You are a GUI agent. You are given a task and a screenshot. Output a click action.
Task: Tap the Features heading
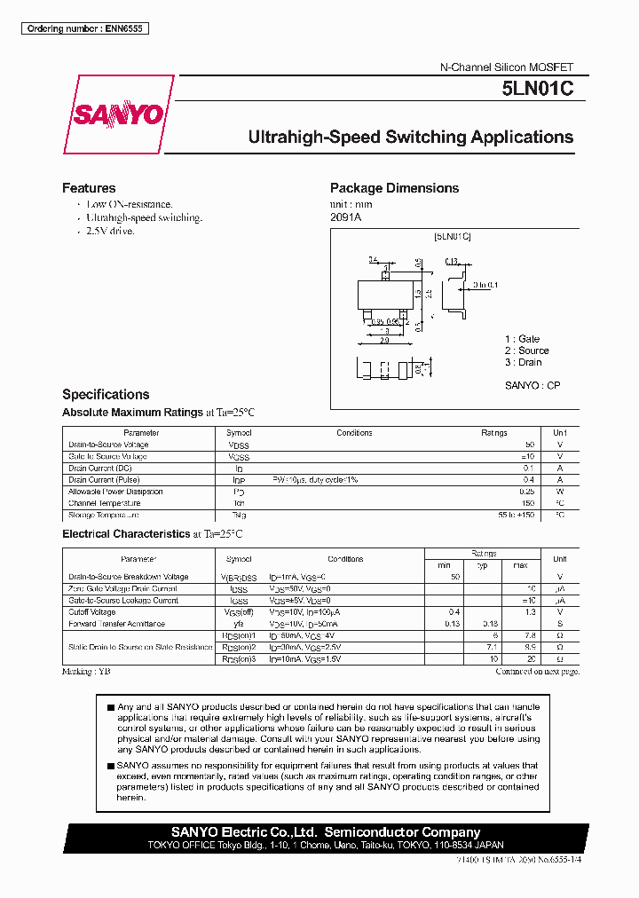[x=89, y=188]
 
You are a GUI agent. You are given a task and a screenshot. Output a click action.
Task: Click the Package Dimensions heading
[x=394, y=188]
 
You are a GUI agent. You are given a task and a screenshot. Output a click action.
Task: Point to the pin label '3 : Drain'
[x=524, y=362]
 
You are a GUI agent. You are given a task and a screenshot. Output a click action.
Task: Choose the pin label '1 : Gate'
[x=522, y=339]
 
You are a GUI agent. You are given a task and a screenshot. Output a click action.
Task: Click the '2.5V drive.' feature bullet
[x=110, y=231]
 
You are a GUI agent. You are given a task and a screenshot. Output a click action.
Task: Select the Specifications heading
[x=106, y=394]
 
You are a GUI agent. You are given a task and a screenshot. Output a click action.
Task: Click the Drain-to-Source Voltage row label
[x=108, y=445]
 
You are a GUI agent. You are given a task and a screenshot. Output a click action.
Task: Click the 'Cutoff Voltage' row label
[x=91, y=612]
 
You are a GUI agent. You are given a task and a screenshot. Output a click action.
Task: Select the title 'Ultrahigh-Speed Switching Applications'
[x=410, y=138]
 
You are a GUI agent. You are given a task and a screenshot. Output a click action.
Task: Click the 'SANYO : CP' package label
[x=532, y=385]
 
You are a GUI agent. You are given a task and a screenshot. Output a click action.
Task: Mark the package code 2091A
[x=346, y=217]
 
